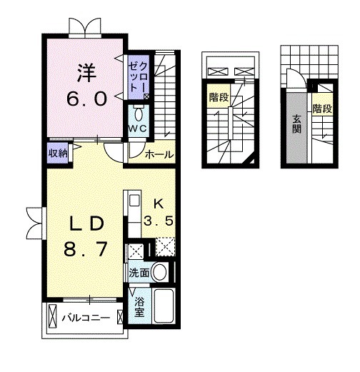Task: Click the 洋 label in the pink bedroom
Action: (86, 74)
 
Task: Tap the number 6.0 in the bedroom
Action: (86, 99)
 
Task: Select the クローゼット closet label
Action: (139, 77)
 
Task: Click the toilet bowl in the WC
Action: (139, 115)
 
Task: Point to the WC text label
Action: (138, 129)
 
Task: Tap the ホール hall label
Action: (159, 155)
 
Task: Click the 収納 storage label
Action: (58, 154)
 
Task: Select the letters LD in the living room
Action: (86, 223)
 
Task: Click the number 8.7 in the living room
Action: (86, 249)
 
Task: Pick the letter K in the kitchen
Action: (159, 204)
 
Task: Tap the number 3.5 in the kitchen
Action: (159, 221)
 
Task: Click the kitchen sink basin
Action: (134, 201)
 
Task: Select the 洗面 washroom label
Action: (139, 273)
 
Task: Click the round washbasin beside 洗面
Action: (159, 273)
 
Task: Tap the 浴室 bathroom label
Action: (139, 307)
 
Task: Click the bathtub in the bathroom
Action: (164, 306)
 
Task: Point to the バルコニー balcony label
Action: (86, 318)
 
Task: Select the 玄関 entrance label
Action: (296, 124)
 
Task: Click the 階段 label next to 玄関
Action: (322, 109)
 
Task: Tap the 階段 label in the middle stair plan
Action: (219, 97)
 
